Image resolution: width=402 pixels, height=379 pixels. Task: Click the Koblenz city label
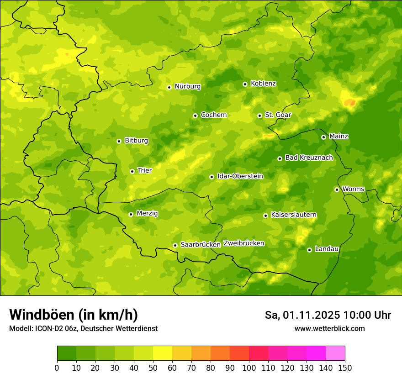[x=263, y=84]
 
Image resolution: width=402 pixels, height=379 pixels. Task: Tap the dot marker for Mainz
[x=323, y=137]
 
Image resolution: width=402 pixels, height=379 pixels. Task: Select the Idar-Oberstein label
[x=240, y=176]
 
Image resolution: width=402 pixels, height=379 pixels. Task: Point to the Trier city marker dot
[x=132, y=172]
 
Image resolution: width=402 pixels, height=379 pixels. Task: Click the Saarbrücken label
[x=200, y=245]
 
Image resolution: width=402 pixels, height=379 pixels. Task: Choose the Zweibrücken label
[x=243, y=243]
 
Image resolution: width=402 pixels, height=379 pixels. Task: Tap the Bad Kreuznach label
[x=309, y=158]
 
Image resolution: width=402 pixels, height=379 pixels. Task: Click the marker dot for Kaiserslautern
[x=265, y=216]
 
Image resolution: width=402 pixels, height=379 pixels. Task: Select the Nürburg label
[x=187, y=86]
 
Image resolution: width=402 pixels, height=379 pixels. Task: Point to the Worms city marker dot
[x=337, y=189]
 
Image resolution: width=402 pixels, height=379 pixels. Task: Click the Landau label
[x=327, y=249]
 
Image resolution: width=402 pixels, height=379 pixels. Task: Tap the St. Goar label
[x=278, y=115]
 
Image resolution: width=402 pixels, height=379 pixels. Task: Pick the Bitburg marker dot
[x=119, y=141]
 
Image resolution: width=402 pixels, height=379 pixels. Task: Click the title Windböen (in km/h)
[x=74, y=315]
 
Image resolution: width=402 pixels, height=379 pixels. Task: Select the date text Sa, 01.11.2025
[x=302, y=315]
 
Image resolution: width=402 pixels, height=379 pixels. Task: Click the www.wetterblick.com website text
[x=329, y=329]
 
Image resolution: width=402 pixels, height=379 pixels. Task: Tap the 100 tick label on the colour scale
[x=249, y=368]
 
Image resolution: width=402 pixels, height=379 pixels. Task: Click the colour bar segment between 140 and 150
[x=335, y=353]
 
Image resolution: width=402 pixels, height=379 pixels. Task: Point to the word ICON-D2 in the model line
[x=47, y=329]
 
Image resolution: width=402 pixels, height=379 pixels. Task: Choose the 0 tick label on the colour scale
[x=57, y=368]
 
